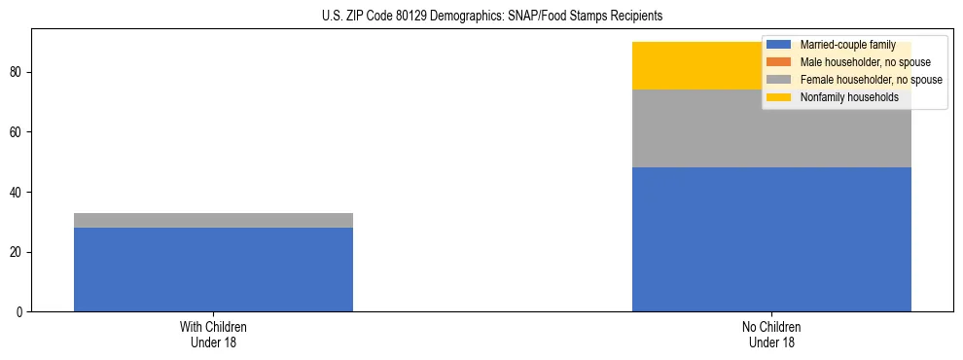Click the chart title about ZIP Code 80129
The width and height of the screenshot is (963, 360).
[x=491, y=17]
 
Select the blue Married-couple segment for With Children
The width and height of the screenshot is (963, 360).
[x=213, y=270]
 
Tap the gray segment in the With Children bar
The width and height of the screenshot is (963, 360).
[x=213, y=220]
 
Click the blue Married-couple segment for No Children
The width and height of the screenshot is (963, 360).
[x=771, y=239]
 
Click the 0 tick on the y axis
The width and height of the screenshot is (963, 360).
[x=20, y=312]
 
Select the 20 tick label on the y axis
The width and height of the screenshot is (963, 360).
[x=18, y=252]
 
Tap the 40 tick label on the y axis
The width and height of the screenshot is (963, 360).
[x=18, y=192]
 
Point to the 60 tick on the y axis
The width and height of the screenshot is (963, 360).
[x=18, y=132]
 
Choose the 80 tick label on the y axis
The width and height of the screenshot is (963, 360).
[x=18, y=72]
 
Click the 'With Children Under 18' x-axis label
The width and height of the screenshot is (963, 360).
[x=213, y=335]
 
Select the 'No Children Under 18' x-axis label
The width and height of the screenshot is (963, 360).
[x=771, y=335]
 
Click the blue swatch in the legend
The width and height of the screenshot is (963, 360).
[x=779, y=45]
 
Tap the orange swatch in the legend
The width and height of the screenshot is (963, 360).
[x=779, y=62]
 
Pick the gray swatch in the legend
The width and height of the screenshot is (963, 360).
[x=779, y=80]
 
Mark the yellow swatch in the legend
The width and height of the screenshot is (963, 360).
[x=779, y=97]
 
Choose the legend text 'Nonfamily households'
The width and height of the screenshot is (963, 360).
[x=848, y=97]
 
